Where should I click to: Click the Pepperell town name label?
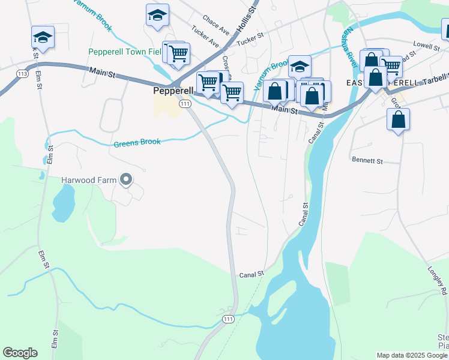173,91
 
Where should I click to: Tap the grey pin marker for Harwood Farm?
125,179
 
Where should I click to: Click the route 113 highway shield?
23,74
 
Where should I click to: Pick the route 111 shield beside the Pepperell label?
185,104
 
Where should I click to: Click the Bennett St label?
367,161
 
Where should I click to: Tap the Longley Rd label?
435,281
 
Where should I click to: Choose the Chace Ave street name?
216,25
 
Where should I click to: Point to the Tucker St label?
250,38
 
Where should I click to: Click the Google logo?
20,353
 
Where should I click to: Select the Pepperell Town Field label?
125,52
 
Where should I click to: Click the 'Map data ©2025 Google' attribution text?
412,355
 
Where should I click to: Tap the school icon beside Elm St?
43,36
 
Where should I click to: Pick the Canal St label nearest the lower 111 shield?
252,274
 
